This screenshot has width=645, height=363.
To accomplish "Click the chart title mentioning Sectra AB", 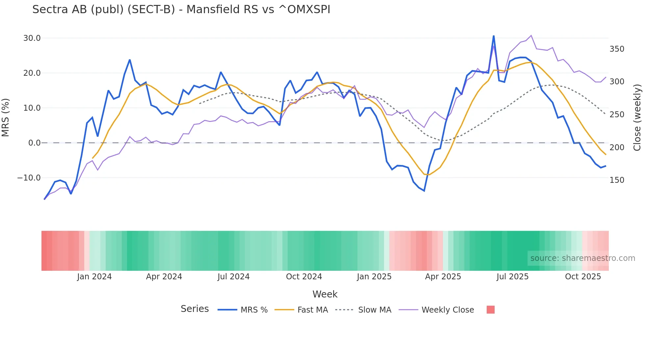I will coord(181,10).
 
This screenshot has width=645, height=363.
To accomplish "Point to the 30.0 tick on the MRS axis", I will coord(32,38).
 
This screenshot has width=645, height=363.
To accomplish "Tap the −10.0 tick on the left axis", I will coord(29,178).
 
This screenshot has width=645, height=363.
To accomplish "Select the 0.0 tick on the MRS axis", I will coord(34,143).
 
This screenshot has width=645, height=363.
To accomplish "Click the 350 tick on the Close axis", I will coord(617,49).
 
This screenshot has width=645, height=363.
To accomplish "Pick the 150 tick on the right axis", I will coord(617,180).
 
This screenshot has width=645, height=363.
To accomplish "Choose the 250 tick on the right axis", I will coord(617,115).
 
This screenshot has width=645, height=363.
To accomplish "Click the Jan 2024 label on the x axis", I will coord(94,277).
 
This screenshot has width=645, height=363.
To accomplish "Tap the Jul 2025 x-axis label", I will coord(512,277).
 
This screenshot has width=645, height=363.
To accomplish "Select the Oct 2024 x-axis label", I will coord(304,277).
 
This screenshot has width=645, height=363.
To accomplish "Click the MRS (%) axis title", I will coord(6,117).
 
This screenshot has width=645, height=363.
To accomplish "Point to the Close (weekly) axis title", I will coord(637,117).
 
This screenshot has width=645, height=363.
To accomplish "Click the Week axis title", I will coord(325,294).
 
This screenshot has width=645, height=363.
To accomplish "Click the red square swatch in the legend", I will coord(490,310).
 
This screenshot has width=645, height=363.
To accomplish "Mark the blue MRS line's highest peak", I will coord(494,36).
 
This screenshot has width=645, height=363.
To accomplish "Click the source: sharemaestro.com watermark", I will coord(582,258).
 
